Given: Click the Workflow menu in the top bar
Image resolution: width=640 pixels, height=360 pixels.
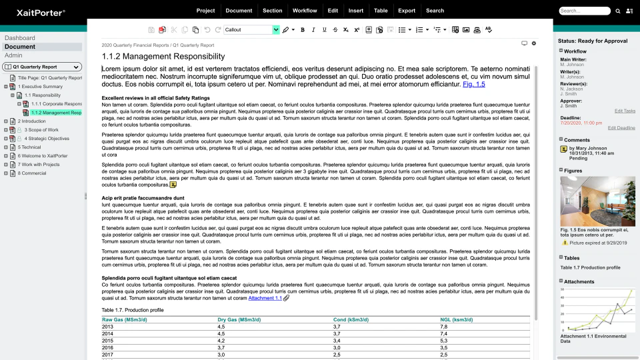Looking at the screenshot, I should (x=305, y=11).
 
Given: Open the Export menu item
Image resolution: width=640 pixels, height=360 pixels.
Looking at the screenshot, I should (x=406, y=11).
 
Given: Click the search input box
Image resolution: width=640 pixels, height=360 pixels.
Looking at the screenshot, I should (x=584, y=11).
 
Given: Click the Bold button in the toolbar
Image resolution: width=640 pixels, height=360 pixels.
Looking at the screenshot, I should (x=303, y=30).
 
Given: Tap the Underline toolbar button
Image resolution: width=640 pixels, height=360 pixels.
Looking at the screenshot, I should (x=325, y=30).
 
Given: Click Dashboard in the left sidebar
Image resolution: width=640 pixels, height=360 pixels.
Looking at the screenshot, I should (x=20, y=38).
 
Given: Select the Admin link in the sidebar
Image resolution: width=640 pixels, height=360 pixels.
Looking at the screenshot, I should (x=13, y=55).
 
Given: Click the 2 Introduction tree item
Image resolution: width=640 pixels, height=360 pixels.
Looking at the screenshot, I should (x=32, y=121).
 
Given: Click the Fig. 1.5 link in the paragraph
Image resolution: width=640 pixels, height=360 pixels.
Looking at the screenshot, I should (x=473, y=85).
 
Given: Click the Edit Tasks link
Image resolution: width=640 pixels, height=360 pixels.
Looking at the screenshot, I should (x=624, y=111).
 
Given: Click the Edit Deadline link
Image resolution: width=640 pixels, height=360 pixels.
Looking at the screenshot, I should (x=621, y=128).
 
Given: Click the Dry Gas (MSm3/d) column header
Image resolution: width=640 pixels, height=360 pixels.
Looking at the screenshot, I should (x=239, y=320).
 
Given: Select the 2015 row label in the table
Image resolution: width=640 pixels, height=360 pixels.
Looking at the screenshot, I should (x=108, y=341).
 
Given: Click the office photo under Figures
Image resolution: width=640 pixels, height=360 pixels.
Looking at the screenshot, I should (x=597, y=201).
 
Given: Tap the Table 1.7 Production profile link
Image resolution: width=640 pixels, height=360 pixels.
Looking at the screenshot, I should (x=590, y=267).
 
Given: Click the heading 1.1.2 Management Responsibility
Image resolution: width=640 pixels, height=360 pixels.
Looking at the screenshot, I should (x=163, y=57).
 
